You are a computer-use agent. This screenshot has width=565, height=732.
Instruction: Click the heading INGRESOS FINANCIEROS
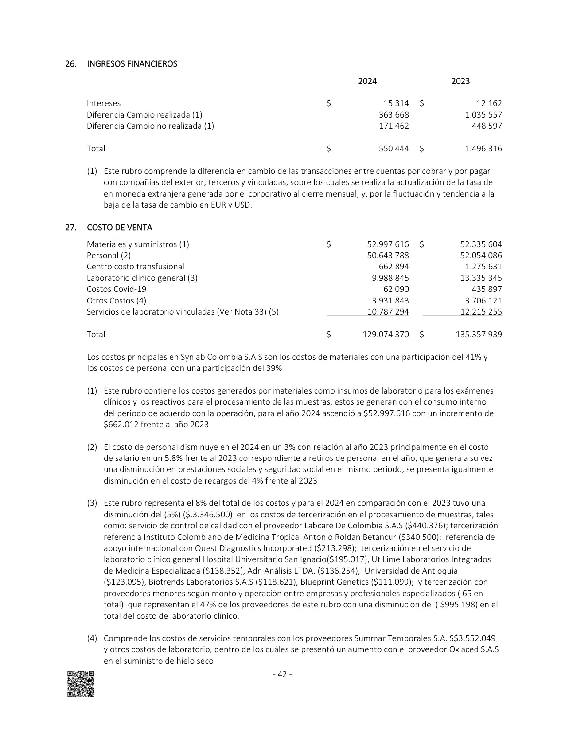coord(132,64)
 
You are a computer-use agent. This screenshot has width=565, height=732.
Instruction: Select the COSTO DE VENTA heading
coord(119,228)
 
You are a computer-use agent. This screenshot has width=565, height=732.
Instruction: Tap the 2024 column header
coord(367,81)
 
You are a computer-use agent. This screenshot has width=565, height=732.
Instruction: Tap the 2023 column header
coord(460,81)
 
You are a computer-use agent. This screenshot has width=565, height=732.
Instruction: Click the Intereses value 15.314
coord(396,103)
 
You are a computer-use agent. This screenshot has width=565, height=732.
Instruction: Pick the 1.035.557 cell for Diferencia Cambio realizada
coord(481,114)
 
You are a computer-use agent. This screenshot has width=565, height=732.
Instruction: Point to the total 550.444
coord(394,149)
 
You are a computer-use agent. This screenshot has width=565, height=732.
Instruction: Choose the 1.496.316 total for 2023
coord(483,149)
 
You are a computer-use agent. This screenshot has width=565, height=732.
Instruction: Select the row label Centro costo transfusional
coord(135,267)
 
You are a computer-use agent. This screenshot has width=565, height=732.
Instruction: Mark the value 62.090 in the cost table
coord(396,289)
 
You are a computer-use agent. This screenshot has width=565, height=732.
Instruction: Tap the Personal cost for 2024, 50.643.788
coord(388,256)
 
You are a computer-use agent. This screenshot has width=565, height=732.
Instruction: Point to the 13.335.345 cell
coord(481,278)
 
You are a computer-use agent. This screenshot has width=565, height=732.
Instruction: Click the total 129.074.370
coord(386,335)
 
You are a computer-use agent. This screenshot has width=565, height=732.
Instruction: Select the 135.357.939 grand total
coord(479,335)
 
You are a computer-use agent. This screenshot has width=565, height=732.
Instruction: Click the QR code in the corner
coord(80,684)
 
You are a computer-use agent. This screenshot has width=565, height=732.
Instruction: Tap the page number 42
coord(282,675)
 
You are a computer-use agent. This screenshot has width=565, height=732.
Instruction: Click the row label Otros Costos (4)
coord(116,301)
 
